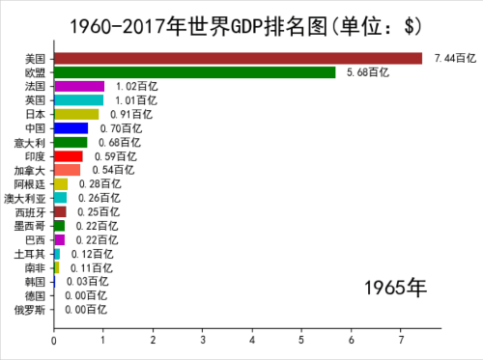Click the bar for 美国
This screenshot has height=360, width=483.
[239, 59]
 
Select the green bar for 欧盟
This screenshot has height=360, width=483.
[195, 72]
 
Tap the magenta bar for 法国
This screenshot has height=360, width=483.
[79, 87]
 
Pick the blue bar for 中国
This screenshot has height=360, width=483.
[71, 128]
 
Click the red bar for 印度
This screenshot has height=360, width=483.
[69, 156]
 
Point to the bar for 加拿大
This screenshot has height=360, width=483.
[68, 170]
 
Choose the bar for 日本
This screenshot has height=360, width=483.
[76, 114]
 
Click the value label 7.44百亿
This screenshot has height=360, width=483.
[455, 58]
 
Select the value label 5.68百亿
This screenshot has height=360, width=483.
[368, 72]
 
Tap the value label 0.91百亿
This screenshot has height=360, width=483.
[131, 114]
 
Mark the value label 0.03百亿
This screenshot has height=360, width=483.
[88, 282]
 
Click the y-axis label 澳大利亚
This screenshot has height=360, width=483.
[25, 199]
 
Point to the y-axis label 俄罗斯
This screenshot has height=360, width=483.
[30, 310]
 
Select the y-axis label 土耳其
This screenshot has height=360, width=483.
[30, 254]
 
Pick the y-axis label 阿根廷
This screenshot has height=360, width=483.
[30, 184]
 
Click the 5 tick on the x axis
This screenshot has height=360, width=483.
[301, 340]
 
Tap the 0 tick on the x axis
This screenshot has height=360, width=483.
[54, 341]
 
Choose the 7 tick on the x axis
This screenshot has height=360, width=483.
[401, 340]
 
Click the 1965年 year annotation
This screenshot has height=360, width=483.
[395, 288]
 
